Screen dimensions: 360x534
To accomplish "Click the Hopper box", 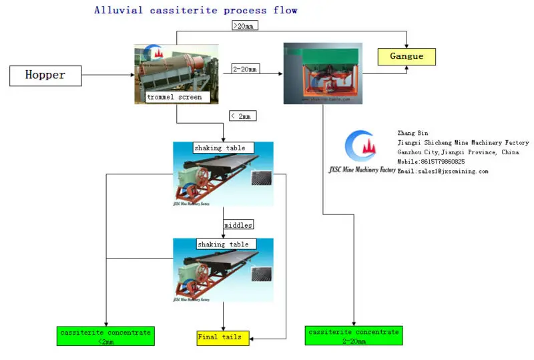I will tap(45, 75).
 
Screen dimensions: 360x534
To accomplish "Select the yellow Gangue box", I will tap(407, 56).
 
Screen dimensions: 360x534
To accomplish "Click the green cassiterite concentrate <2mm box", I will tap(105, 337).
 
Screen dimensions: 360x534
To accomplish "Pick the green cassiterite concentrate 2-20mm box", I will tap(354, 336).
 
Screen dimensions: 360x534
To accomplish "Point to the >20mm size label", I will tap(245, 26).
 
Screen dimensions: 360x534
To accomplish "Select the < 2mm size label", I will tap(242, 116).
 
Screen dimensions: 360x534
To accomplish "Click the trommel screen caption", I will tap(174, 97).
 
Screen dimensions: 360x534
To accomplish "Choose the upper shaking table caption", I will tap(220, 148).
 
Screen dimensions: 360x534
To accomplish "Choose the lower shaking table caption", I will tap(222, 244).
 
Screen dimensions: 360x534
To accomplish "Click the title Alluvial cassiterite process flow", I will tap(196, 10).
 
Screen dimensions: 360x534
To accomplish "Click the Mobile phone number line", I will tap(431, 162).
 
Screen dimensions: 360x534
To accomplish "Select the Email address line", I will tap(443, 171).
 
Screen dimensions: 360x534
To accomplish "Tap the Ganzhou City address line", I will tap(458, 152).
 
